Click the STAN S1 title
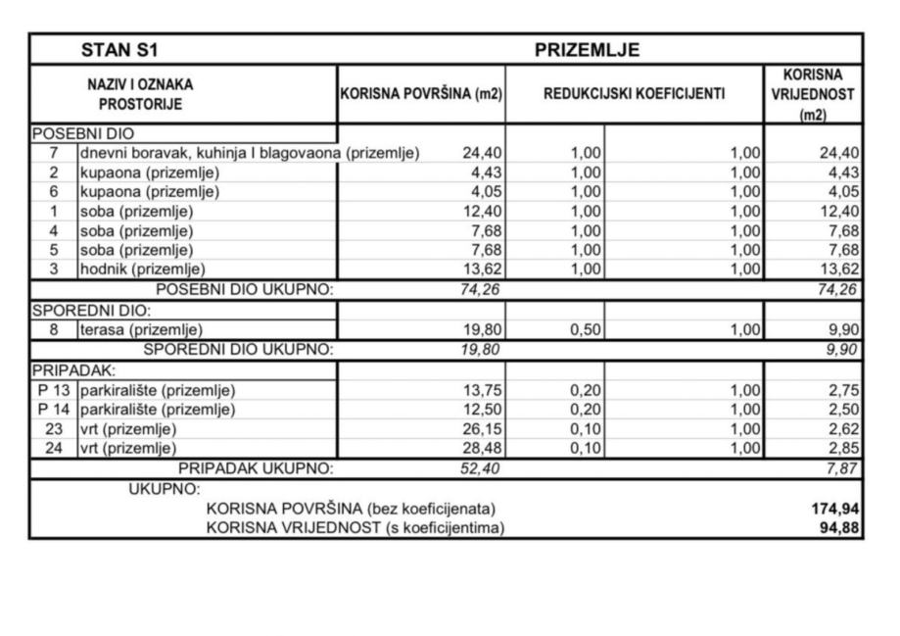point(118,49)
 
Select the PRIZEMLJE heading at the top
point(587,49)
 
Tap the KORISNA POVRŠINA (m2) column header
point(421,94)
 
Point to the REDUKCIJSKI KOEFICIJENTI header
point(635,94)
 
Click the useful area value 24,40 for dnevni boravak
point(482,153)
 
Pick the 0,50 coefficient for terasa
point(586,330)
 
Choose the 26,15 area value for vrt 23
point(482,429)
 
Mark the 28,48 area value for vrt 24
point(482,449)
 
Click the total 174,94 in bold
point(834,509)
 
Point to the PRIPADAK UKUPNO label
point(256,468)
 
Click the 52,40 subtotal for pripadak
point(480,468)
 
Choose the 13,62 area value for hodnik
point(482,269)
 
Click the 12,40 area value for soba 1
point(482,211)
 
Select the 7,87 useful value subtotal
point(843,468)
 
